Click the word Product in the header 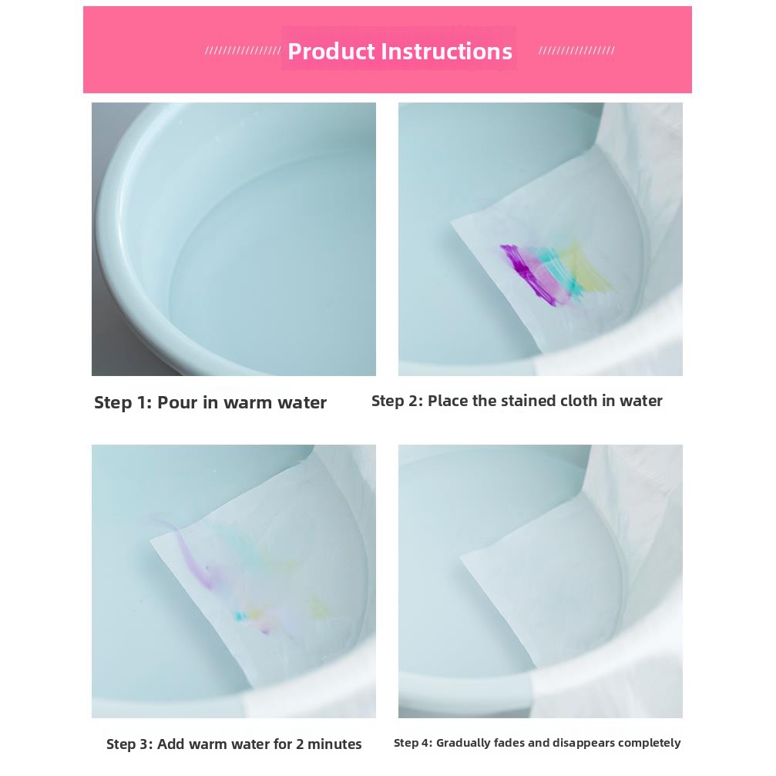point(331,52)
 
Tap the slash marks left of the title point(243,51)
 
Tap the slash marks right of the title point(576,51)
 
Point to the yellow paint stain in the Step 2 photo point(589,267)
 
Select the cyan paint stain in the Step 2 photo point(556,267)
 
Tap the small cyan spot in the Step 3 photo point(240,616)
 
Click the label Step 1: point(123,402)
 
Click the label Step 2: point(398,401)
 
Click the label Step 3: point(129,744)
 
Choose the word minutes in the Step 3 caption point(334,744)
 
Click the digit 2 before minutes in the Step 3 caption point(300,744)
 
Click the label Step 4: point(413,743)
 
